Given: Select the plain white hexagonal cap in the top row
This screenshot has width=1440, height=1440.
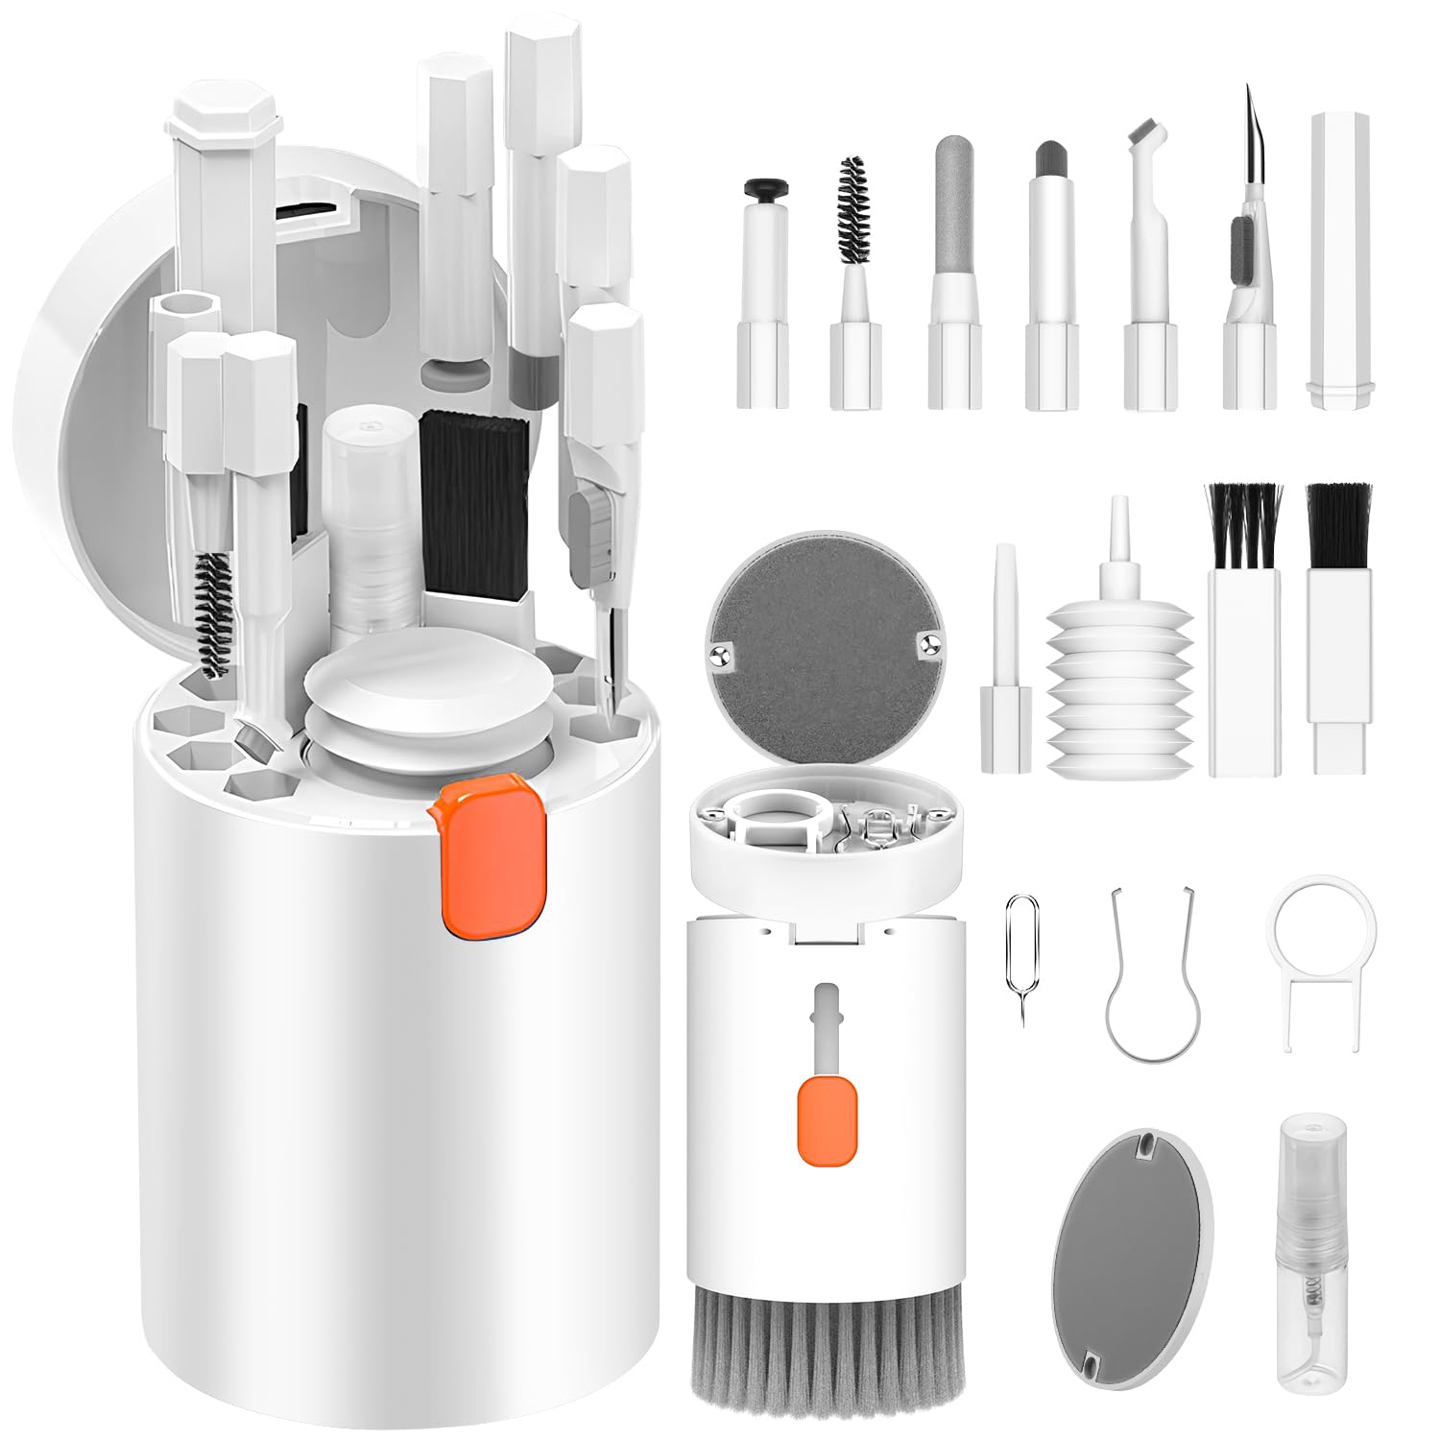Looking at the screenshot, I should [x=1339, y=259].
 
